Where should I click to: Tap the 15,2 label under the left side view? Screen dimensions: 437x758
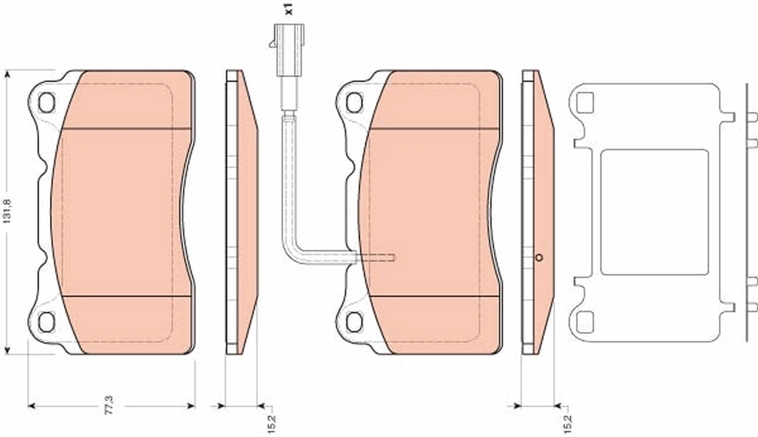[x=272, y=422]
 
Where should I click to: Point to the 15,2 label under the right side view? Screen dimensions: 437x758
[x=568, y=422]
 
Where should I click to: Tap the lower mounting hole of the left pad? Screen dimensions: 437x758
[x=46, y=321]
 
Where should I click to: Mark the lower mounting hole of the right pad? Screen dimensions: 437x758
[x=354, y=321]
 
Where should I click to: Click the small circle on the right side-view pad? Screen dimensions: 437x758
[x=539, y=257]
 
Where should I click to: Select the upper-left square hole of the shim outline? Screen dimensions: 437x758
[x=586, y=102]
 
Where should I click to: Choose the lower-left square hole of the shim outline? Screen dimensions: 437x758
[x=586, y=321]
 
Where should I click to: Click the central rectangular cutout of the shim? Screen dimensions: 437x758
[x=654, y=212]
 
